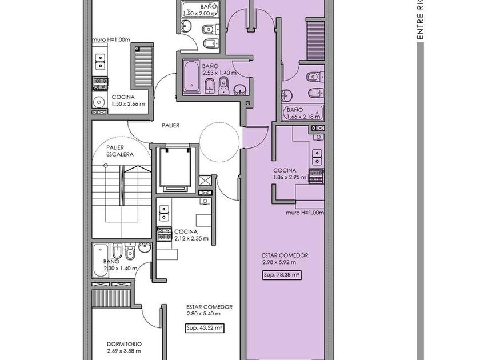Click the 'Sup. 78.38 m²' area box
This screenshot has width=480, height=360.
(281, 275)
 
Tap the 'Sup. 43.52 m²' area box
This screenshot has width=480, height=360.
(205, 328)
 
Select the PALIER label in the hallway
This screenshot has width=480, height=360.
(170, 126)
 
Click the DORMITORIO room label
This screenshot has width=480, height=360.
(125, 344)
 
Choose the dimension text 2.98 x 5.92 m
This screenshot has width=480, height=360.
(279, 262)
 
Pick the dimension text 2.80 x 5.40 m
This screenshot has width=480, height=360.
(203, 314)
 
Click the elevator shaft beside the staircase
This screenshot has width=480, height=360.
(175, 169)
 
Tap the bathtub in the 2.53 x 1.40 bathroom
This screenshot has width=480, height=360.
(191, 77)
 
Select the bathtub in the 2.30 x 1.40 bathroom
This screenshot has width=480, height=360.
(101, 260)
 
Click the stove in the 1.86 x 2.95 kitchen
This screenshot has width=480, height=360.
(316, 177)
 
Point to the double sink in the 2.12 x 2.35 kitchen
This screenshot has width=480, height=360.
(164, 213)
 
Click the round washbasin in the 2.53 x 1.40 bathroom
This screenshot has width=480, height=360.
(240, 89)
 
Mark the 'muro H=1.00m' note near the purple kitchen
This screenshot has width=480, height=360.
(305, 213)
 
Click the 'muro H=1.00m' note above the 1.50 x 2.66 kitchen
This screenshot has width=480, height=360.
(111, 40)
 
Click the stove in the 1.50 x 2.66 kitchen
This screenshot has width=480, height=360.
(101, 83)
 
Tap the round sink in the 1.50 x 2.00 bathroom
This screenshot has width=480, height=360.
(186, 26)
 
